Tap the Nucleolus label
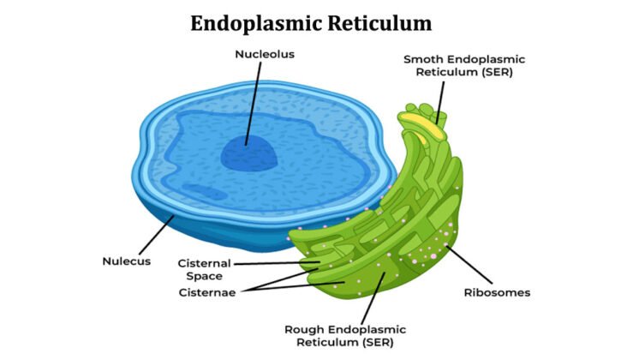pyautogui.click(x=264, y=54)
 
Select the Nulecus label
pyautogui.click(x=127, y=261)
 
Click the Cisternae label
pyautogui.click(x=206, y=291)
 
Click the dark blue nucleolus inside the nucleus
pyautogui.click(x=248, y=154)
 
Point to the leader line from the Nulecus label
pyautogui.click(x=153, y=235)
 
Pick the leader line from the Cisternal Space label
pyautogui.click(x=274, y=263)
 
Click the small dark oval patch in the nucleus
pyautogui.click(x=200, y=193)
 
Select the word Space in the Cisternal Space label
pyautogui.click(x=206, y=276)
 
